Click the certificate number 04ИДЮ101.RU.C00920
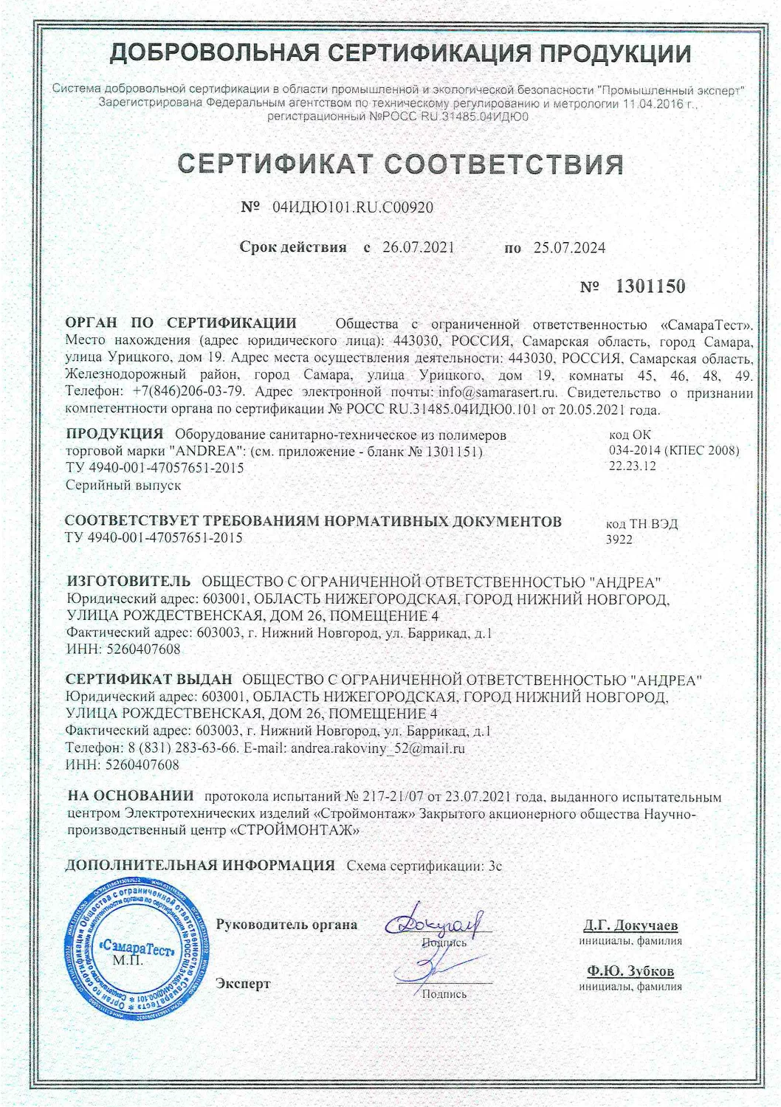[353, 207]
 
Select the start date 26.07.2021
[419, 247]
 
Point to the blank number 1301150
[650, 286]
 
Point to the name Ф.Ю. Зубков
[630, 971]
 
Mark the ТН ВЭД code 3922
[619, 539]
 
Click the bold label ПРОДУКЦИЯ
[114, 433]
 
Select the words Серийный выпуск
[123, 485]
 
